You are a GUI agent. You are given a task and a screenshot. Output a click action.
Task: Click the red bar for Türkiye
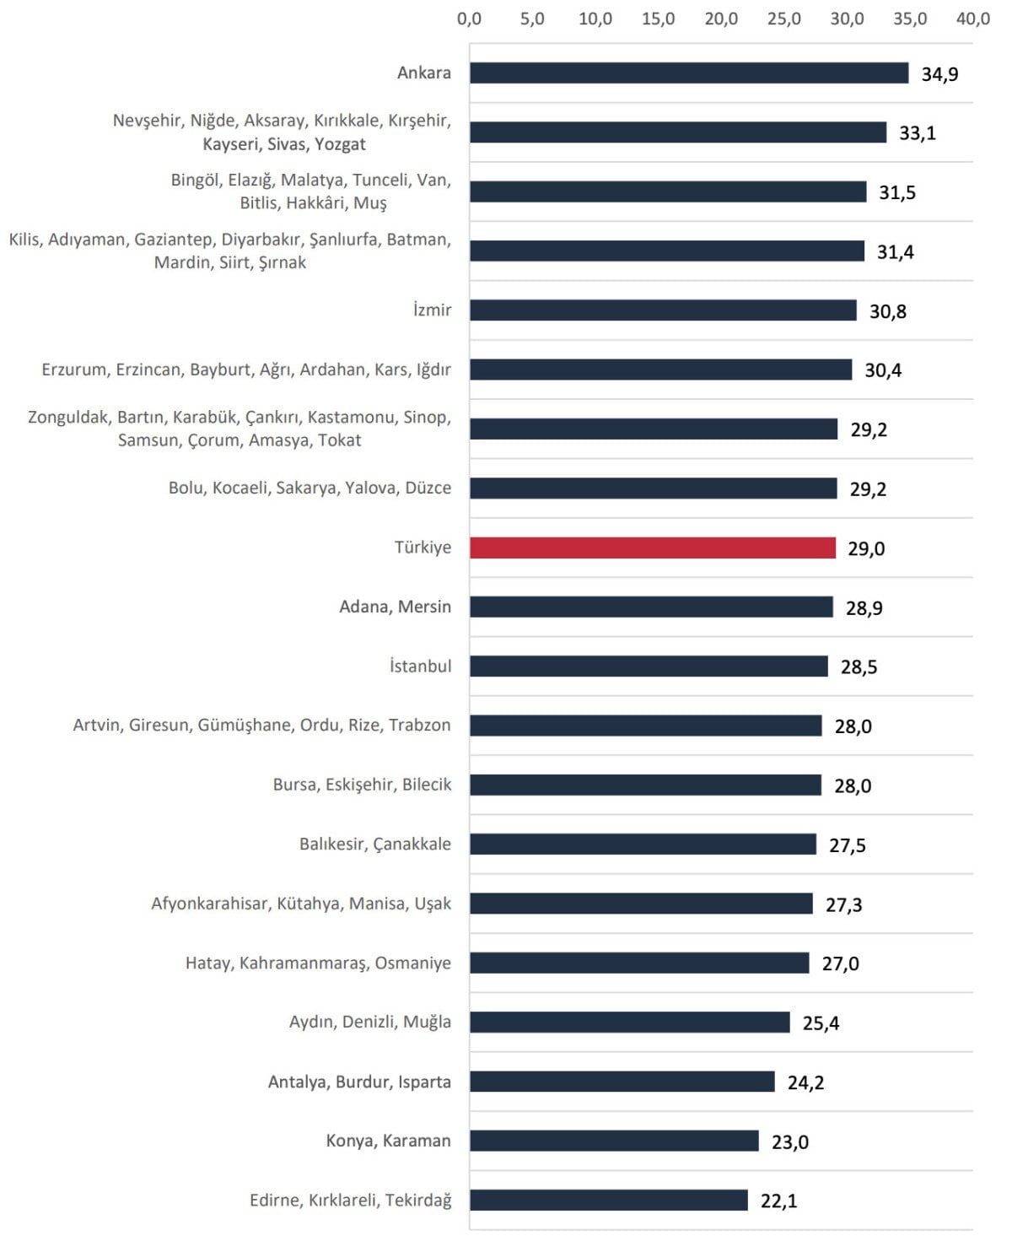click(x=652, y=548)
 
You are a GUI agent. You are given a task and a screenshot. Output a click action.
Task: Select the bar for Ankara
click(x=688, y=73)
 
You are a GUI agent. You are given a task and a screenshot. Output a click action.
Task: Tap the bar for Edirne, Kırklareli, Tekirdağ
click(x=608, y=1200)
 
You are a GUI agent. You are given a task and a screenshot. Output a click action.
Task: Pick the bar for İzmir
click(x=663, y=310)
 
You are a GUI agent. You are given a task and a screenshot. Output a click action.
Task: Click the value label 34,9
click(x=939, y=74)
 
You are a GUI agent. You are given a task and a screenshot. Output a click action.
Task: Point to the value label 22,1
click(x=778, y=1201)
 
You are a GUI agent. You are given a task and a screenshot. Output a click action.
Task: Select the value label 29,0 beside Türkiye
click(x=866, y=548)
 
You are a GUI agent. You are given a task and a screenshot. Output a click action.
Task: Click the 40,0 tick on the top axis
click(x=972, y=19)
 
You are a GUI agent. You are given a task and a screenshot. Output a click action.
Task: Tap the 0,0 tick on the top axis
click(x=470, y=19)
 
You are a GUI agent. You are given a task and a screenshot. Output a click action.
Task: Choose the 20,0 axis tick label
click(x=721, y=19)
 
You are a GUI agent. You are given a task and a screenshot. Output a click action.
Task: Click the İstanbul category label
click(x=420, y=666)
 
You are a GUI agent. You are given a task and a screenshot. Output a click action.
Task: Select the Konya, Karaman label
click(x=388, y=1141)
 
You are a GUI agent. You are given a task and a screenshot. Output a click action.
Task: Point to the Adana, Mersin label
click(x=395, y=607)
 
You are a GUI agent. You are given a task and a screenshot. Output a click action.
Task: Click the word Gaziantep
click(x=173, y=240)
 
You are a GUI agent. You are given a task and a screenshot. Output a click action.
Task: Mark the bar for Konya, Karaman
click(x=614, y=1141)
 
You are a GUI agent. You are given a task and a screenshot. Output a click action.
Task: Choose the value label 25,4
click(x=821, y=1023)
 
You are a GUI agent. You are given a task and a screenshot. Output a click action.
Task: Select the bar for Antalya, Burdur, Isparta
click(x=622, y=1082)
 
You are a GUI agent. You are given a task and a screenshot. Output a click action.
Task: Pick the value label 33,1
click(x=918, y=133)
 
